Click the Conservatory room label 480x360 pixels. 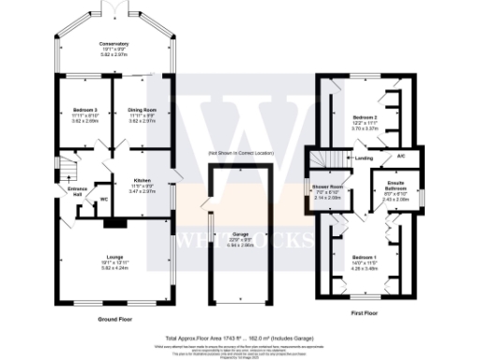pos(114,44)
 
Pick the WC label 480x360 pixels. pos(104,199)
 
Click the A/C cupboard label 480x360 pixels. pos(400,156)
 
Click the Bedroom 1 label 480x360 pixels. pos(364,256)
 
